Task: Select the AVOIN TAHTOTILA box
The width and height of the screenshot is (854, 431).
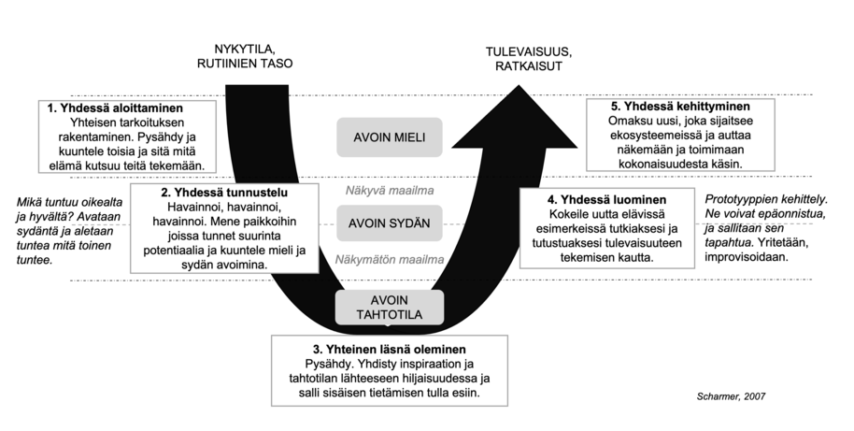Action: [391, 307]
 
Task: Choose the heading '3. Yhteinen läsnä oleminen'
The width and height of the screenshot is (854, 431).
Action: [391, 348]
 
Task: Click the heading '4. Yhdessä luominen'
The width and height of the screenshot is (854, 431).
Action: [606, 200]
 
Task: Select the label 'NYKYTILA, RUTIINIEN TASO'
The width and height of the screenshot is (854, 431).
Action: [244, 56]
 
